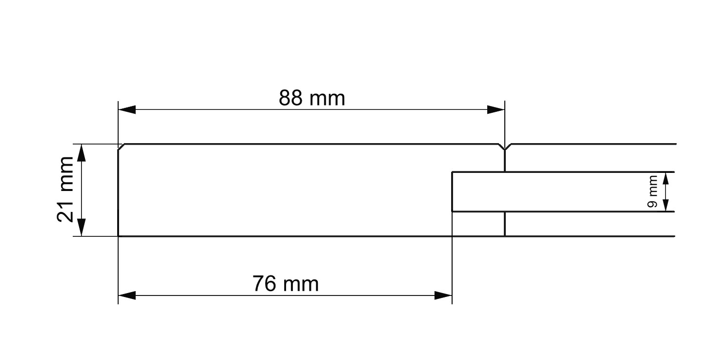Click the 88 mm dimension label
tap(312, 99)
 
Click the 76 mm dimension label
tap(286, 284)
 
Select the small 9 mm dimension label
tap(653, 192)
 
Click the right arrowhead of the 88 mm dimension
tap(496, 110)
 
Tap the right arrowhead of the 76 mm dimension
tap(443, 295)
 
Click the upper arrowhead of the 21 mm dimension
tap(82, 153)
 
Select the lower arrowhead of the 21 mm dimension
tap(82, 228)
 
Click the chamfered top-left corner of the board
tap(122, 147)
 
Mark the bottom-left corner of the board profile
tap(119, 236)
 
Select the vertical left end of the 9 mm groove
tap(453, 191)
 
